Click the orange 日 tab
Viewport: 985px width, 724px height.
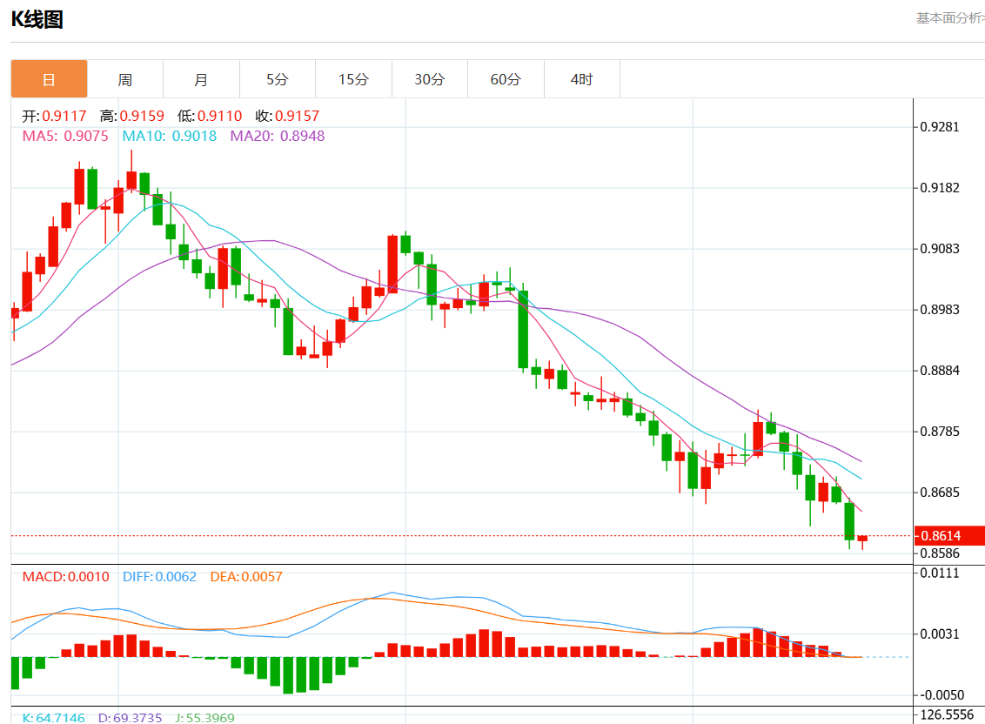point(49,79)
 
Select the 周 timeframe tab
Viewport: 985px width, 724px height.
point(125,79)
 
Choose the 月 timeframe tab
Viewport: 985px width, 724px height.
point(201,79)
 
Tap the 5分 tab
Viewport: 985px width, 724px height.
point(277,79)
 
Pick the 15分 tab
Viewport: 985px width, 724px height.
point(353,79)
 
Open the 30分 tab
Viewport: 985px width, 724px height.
point(429,79)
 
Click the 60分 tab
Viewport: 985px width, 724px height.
point(506,79)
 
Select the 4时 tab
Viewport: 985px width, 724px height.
point(581,79)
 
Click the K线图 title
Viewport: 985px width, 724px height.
point(37,19)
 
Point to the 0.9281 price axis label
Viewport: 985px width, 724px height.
point(940,127)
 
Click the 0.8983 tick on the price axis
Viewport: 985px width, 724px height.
point(940,310)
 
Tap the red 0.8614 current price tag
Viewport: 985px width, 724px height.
point(947,536)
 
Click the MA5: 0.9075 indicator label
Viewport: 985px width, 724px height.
point(65,136)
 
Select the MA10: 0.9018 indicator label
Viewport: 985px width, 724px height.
point(170,136)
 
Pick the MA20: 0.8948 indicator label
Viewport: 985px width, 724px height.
point(277,136)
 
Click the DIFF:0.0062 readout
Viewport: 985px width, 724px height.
point(159,577)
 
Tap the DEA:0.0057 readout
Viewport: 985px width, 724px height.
point(246,577)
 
